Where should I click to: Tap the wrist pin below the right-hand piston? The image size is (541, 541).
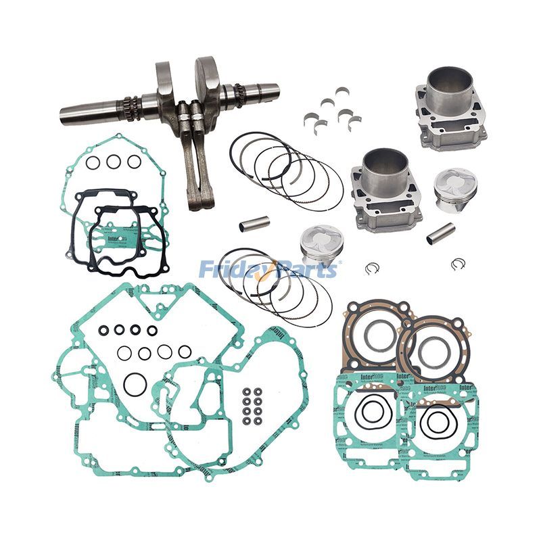tap(440, 233)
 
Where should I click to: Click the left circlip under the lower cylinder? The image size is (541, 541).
tap(371, 268)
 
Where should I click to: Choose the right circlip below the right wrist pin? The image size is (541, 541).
tap(458, 264)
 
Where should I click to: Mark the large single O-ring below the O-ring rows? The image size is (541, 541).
tap(135, 384)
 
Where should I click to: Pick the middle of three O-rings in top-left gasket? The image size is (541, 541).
tap(114, 162)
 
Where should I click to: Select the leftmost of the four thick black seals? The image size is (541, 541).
tap(104, 330)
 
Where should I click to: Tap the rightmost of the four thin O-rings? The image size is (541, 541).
tap(185, 352)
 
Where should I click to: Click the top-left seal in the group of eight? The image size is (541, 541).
tap(247, 392)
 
